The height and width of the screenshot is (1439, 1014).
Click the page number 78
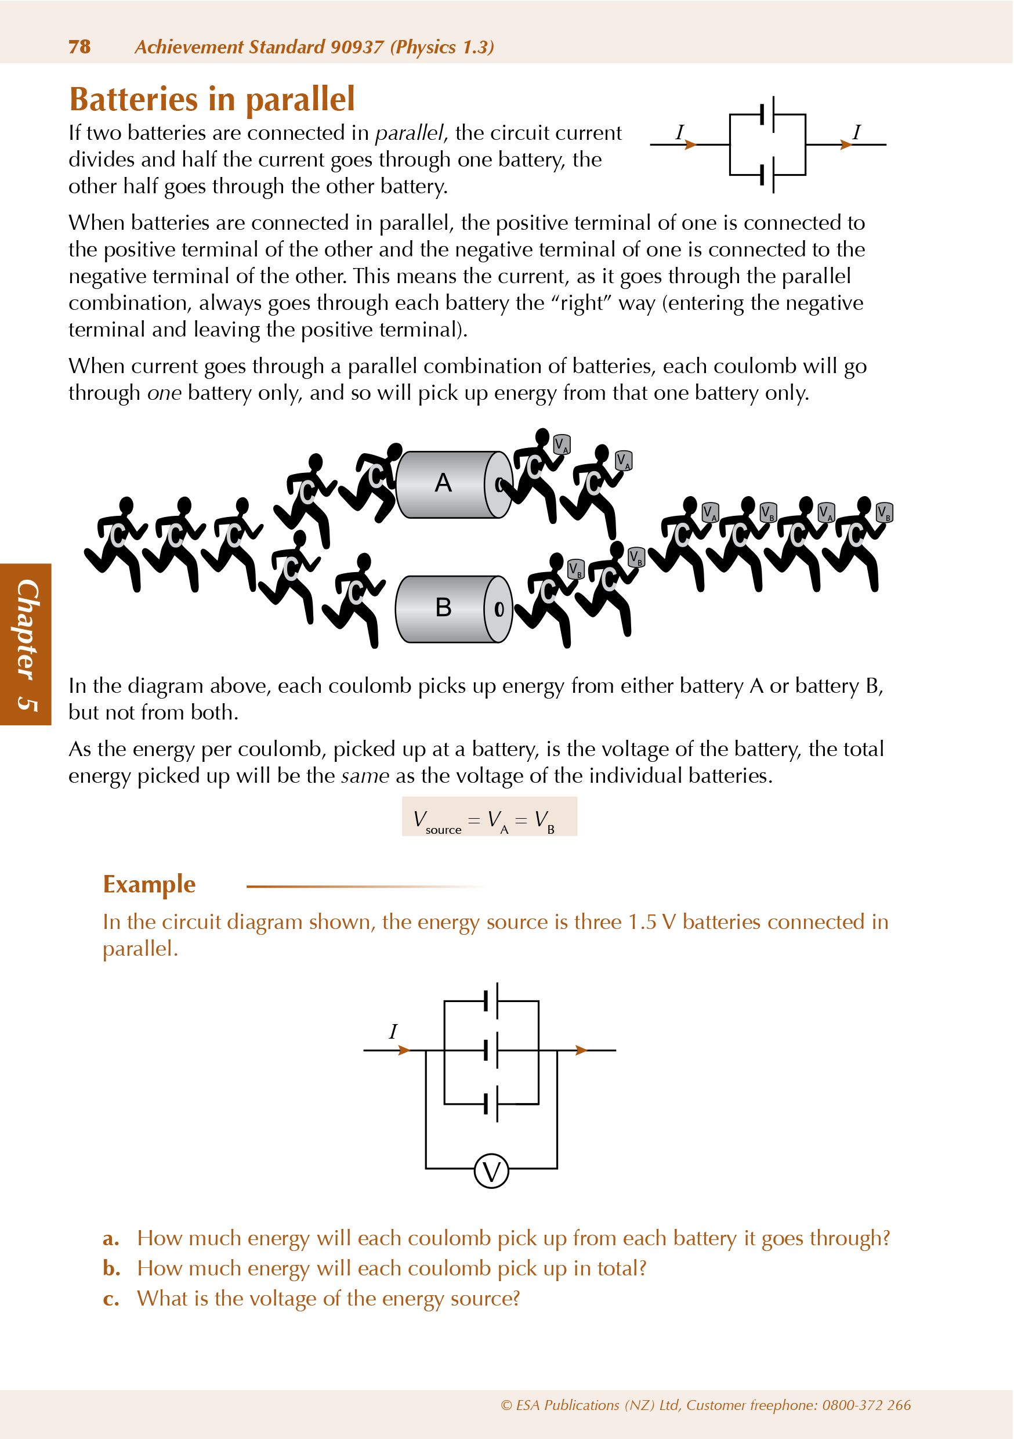click(x=79, y=47)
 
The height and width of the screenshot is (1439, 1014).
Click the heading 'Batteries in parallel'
click(x=212, y=99)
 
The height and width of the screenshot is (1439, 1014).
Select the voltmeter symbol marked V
click(x=491, y=1171)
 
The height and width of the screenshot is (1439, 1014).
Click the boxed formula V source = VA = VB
click(x=489, y=816)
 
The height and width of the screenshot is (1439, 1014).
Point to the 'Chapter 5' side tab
click(x=26, y=644)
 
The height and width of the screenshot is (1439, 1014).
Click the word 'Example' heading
click(x=149, y=884)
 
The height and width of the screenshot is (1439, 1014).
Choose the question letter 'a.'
click(x=111, y=1238)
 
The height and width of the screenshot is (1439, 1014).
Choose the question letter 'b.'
click(x=111, y=1268)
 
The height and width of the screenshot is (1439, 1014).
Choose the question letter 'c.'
click(x=111, y=1299)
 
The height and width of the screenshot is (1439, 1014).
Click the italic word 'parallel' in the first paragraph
click(x=408, y=133)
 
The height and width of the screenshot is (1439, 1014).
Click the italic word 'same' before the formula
click(x=365, y=776)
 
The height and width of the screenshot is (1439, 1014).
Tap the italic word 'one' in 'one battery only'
click(x=164, y=393)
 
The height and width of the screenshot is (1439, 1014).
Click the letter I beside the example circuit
click(x=393, y=1031)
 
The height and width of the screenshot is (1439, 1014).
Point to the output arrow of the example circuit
click(x=581, y=1050)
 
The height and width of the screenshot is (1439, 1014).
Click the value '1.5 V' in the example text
click(x=652, y=922)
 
